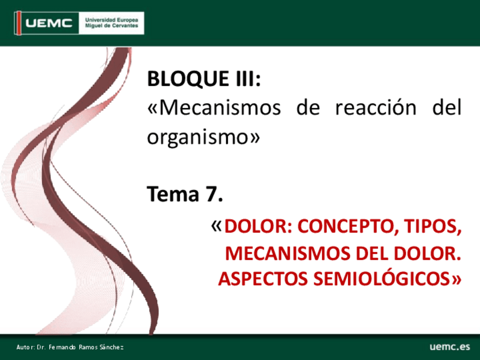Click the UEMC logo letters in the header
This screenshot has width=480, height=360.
(49, 23)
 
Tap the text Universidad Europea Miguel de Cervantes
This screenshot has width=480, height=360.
(112, 23)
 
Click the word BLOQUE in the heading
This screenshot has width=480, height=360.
(188, 79)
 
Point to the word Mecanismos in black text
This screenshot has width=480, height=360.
(220, 108)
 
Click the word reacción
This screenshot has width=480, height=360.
(376, 108)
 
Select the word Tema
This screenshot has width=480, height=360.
(173, 194)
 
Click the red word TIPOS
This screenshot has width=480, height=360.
(432, 226)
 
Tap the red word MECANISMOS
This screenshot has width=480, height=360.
(288, 254)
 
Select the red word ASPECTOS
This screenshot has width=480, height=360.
(263, 279)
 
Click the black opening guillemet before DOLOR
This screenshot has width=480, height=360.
(216, 226)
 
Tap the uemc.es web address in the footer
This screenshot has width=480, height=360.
(449, 346)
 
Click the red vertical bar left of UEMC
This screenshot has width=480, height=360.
(19, 23)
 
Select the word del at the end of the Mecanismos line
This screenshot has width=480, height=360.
(447, 107)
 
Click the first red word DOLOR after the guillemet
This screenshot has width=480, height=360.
(258, 226)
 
